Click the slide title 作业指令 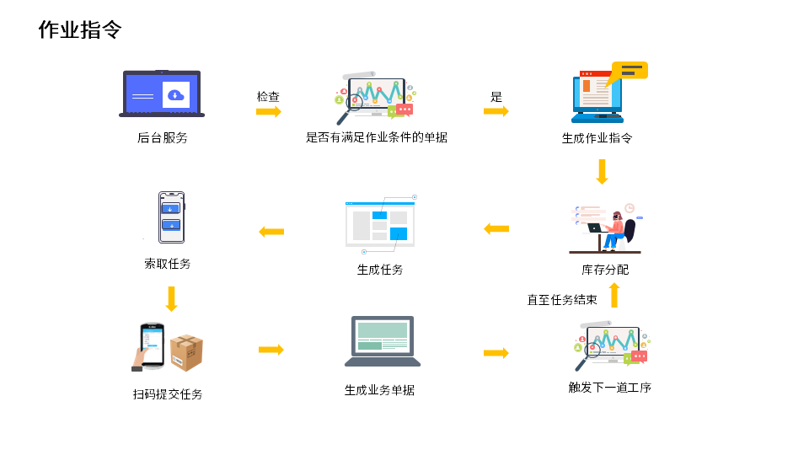pyautogui.click(x=80, y=30)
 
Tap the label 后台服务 pyautogui.click(x=162, y=137)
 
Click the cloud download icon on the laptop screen pyautogui.click(x=175, y=94)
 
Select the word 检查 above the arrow pyautogui.click(x=268, y=97)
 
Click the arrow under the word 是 pyautogui.click(x=496, y=111)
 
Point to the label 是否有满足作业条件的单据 pyautogui.click(x=376, y=137)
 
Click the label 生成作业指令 pyautogui.click(x=597, y=138)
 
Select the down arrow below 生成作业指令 pyautogui.click(x=602, y=172)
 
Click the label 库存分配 pyautogui.click(x=605, y=270)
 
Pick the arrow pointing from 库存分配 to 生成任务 pyautogui.click(x=496, y=228)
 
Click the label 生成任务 pyautogui.click(x=380, y=270)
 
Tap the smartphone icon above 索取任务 pyautogui.click(x=171, y=217)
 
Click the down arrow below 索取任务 pyautogui.click(x=171, y=298)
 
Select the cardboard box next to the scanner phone pyautogui.click(x=186, y=352)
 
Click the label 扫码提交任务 pyautogui.click(x=168, y=393)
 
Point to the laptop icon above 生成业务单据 pyautogui.click(x=382, y=341)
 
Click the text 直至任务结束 pyautogui.click(x=562, y=299)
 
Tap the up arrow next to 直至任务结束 pyautogui.click(x=614, y=295)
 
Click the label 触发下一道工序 pyautogui.click(x=609, y=388)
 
